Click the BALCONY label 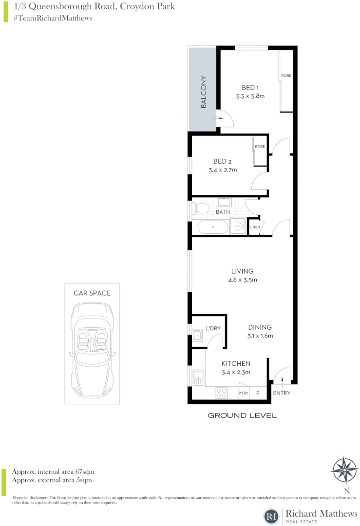(204, 92)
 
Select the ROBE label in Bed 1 (286, 76)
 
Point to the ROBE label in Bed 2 (260, 146)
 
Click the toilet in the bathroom (200, 209)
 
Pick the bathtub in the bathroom (213, 227)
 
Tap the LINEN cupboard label (254, 227)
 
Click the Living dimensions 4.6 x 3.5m (242, 280)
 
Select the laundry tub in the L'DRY (198, 335)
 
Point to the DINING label (260, 327)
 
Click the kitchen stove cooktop (222, 392)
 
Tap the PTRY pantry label (243, 393)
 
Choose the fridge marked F (258, 393)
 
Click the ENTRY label (282, 393)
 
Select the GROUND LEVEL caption (242, 415)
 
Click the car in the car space (92, 350)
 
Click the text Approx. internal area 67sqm (53, 471)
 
